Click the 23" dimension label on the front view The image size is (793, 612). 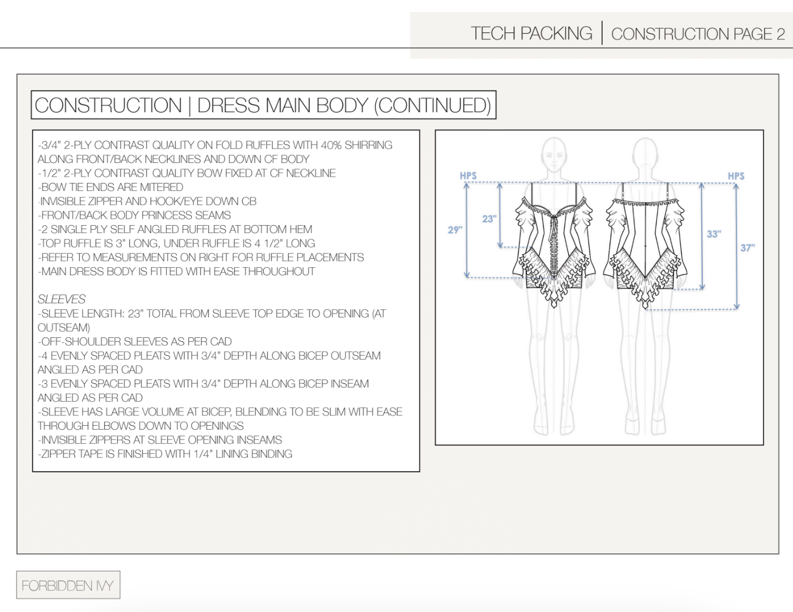(x=489, y=219)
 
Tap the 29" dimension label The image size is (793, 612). (x=455, y=230)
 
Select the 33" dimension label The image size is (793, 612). (x=714, y=234)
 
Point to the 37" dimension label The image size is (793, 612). (x=747, y=247)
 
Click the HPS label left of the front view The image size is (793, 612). (x=468, y=176)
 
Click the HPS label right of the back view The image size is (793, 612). (x=736, y=176)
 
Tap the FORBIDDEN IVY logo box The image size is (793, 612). (x=68, y=585)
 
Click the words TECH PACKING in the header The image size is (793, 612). (x=532, y=34)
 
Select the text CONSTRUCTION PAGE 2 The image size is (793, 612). (x=698, y=34)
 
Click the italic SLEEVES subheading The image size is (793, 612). (x=62, y=299)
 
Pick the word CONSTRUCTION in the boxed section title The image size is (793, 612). (x=108, y=105)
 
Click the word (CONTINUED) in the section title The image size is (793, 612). (x=432, y=105)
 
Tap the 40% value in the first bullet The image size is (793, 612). (x=331, y=145)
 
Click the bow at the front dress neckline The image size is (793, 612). (x=554, y=217)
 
